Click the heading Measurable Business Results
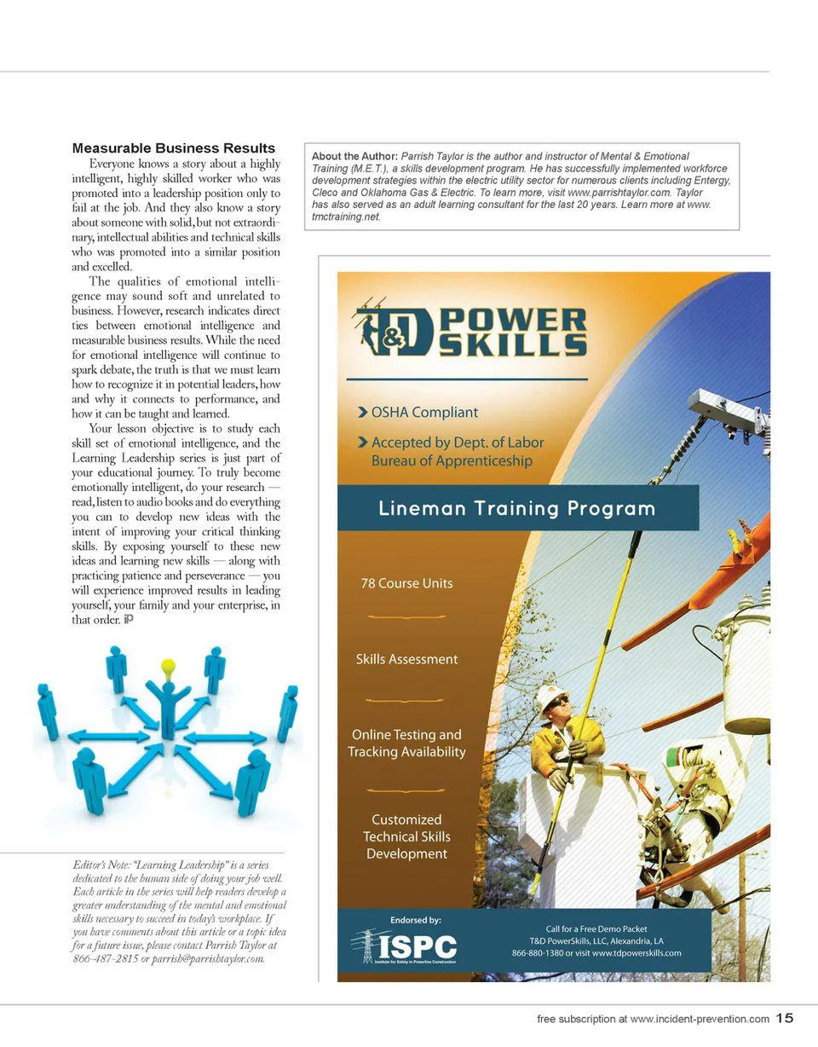click(x=174, y=148)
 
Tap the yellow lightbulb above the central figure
click(x=168, y=665)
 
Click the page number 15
click(x=785, y=1017)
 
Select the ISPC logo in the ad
click(x=406, y=946)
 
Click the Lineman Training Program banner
click(x=517, y=509)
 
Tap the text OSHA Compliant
click(x=424, y=412)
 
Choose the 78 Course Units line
click(x=406, y=583)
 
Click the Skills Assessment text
click(x=406, y=659)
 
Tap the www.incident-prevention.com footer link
click(x=700, y=1018)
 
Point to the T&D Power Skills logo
click(x=470, y=332)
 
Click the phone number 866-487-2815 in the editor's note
click(x=105, y=959)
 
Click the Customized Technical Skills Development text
click(x=406, y=836)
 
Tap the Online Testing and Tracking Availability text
click(x=406, y=743)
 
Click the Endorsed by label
click(x=415, y=920)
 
